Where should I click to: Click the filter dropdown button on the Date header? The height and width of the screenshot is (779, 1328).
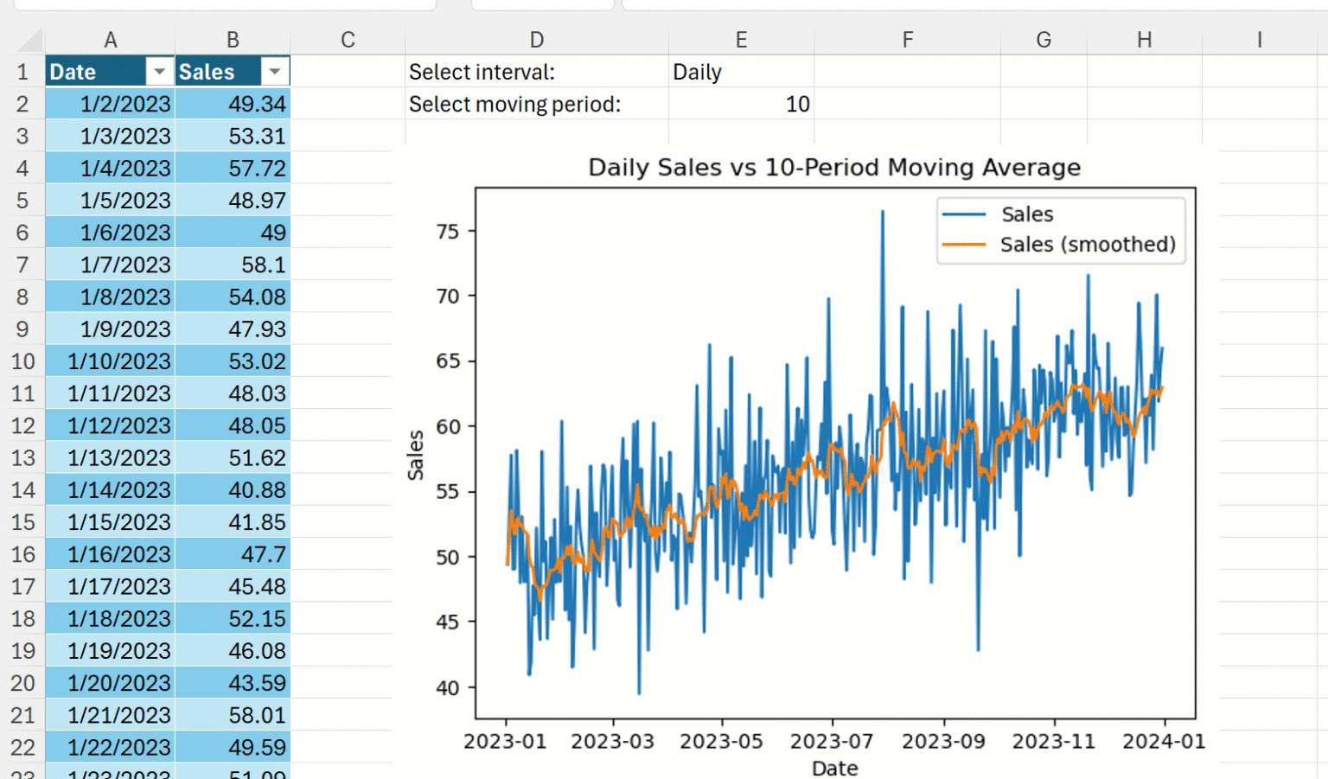159,72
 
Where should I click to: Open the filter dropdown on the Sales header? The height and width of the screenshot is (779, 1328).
274,72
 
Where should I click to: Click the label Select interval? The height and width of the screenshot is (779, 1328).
482,73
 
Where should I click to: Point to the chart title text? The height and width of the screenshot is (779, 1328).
834,168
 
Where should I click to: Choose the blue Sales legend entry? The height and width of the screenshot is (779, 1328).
1026,214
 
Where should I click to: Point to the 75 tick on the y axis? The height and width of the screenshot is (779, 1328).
448,232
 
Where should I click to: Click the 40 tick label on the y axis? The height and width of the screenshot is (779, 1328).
448,688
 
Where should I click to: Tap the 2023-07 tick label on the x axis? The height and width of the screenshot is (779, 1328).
832,742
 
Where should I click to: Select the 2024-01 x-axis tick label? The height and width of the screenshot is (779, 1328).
1163,742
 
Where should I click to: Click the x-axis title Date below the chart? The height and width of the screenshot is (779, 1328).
834,768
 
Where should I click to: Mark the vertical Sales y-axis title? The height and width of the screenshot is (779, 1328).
416,455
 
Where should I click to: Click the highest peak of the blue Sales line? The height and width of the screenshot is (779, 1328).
883,212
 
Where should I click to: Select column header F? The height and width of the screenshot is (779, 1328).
907,40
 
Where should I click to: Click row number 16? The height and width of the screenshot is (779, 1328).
23,554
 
